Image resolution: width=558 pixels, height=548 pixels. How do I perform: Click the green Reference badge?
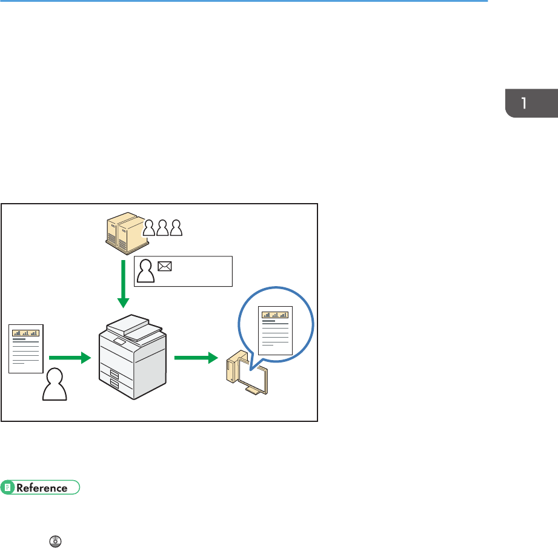[41, 487]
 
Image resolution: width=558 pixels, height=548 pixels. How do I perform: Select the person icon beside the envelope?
[145, 271]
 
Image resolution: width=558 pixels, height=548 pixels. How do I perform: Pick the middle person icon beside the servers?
[162, 227]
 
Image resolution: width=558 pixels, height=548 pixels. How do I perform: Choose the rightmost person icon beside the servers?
[176, 227]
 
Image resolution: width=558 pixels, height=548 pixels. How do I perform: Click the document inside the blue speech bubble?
[276, 330]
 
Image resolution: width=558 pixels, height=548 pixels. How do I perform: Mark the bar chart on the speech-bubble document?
[276, 314]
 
